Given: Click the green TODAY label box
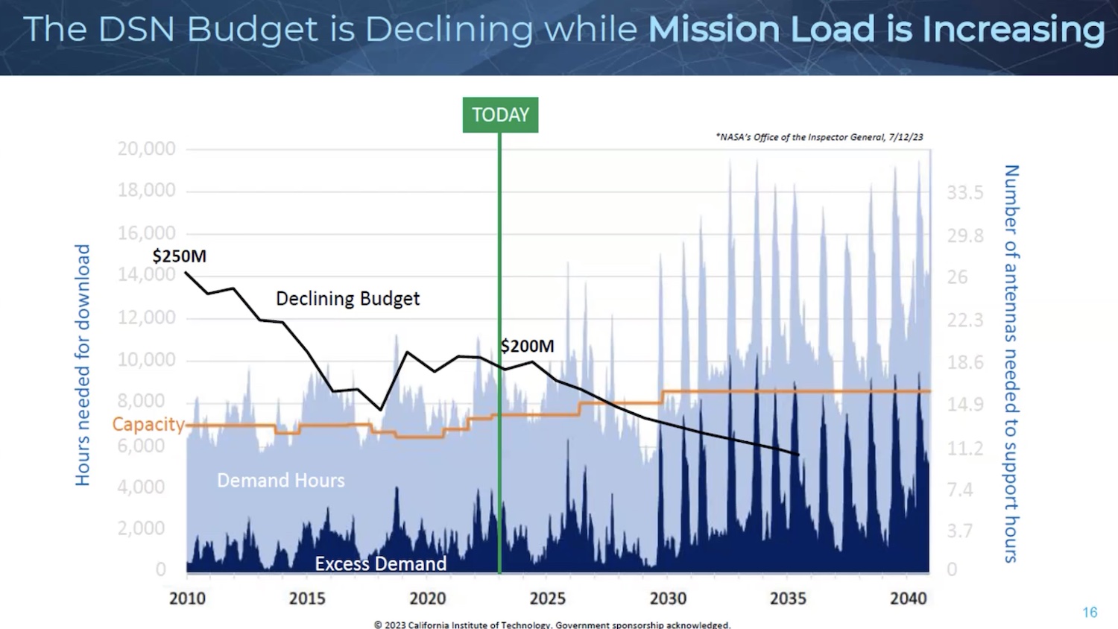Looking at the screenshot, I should pyautogui.click(x=500, y=115).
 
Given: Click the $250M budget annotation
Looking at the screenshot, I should pyautogui.click(x=179, y=256).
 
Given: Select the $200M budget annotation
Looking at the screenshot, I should pyautogui.click(x=528, y=346).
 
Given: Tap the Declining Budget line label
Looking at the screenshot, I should pyautogui.click(x=347, y=299).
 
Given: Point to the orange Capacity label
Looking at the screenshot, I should pyautogui.click(x=148, y=424).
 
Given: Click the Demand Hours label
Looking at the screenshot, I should pyautogui.click(x=281, y=481).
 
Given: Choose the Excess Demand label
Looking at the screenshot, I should pyautogui.click(x=380, y=563).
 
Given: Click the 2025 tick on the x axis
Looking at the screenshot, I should pyautogui.click(x=547, y=598).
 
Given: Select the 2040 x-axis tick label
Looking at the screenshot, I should pyautogui.click(x=908, y=598).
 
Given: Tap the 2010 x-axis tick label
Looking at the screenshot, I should pyautogui.click(x=187, y=598).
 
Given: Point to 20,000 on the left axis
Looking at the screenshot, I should pyautogui.click(x=146, y=148).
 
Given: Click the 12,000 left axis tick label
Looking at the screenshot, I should pyautogui.click(x=146, y=317).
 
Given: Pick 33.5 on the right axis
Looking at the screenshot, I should pyautogui.click(x=965, y=193).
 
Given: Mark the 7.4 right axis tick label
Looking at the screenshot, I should pyautogui.click(x=960, y=490).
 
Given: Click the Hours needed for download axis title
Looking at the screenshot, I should pyautogui.click(x=83, y=365).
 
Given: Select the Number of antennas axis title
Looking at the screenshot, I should pyautogui.click(x=1011, y=364).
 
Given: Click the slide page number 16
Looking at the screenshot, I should pyautogui.click(x=1090, y=612).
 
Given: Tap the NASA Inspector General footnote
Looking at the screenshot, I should pyautogui.click(x=819, y=137).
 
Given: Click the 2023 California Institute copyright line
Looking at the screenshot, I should pyautogui.click(x=552, y=625).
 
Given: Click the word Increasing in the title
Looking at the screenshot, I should pyautogui.click(x=1014, y=30).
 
